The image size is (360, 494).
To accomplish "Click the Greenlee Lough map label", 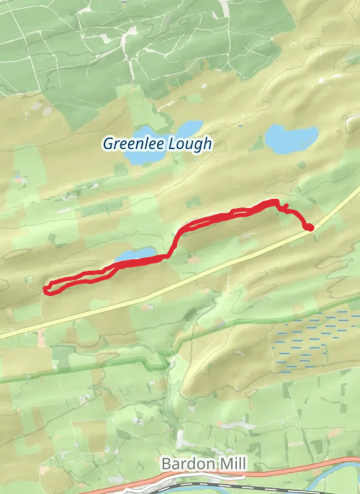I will (157, 143).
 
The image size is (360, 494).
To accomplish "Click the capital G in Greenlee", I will (108, 143).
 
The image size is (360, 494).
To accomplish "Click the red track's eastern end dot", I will (310, 228).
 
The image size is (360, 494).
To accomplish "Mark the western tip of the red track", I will (46, 289).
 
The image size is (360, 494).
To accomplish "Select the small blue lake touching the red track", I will (136, 255).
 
